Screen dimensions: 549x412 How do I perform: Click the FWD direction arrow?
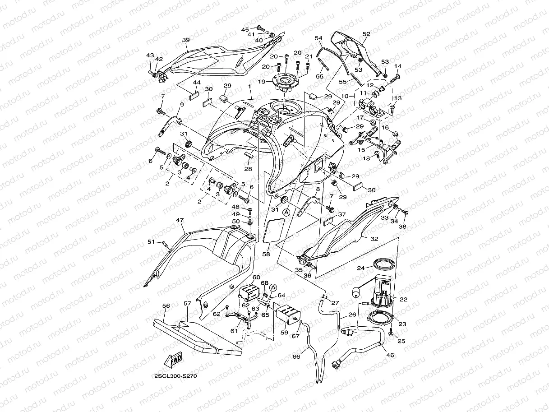pyautogui.click(x=173, y=360)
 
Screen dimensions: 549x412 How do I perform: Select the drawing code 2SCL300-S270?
pyautogui.click(x=176, y=376)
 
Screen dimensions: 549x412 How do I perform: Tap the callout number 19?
pyautogui.click(x=262, y=82)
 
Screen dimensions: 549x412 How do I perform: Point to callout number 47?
pyautogui.click(x=180, y=220)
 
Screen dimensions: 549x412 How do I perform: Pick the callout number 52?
pyautogui.click(x=366, y=34)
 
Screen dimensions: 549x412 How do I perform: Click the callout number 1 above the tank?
pyautogui.click(x=249, y=86)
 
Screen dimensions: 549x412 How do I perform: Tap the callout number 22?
pyautogui.click(x=403, y=299)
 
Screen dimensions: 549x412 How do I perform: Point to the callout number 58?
pyautogui.click(x=266, y=254)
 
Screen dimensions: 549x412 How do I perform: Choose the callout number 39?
pyautogui.click(x=186, y=40)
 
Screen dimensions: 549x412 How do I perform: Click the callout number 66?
pyautogui.click(x=296, y=356)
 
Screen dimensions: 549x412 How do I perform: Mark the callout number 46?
pyautogui.click(x=390, y=355)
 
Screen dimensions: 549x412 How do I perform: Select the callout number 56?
pyautogui.click(x=166, y=306)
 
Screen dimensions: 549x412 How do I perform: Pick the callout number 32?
pyautogui.click(x=374, y=239)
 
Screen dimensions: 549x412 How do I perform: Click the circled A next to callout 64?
pyautogui.click(x=273, y=288)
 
